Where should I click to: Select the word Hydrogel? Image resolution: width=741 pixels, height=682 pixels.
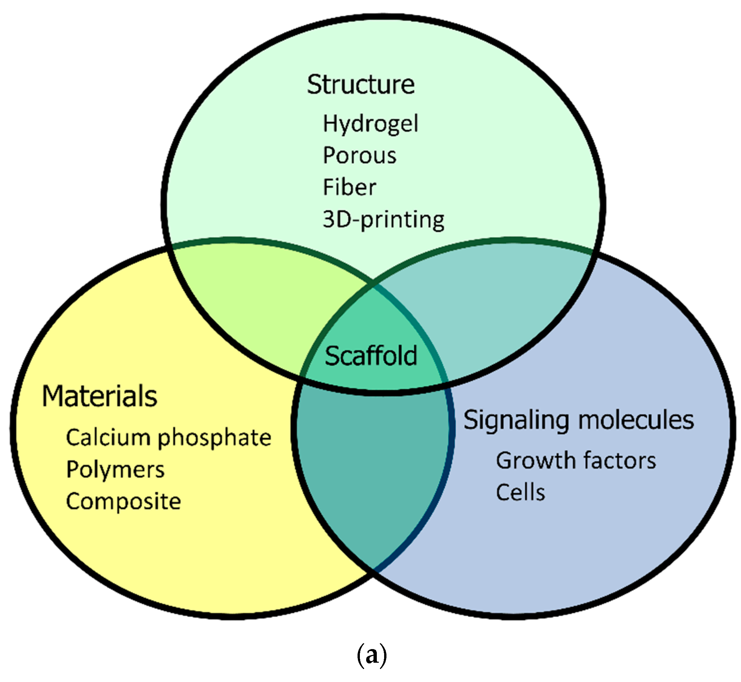[370, 124]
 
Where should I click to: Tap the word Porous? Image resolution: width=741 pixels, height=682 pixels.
[359, 155]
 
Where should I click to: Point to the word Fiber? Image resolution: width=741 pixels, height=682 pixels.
[349, 187]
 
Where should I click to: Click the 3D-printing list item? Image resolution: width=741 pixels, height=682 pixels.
[383, 220]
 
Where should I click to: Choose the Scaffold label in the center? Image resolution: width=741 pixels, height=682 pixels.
[371, 356]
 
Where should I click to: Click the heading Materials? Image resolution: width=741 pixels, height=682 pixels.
[100, 396]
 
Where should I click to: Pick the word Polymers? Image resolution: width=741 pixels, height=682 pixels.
[115, 470]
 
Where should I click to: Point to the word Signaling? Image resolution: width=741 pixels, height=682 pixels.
[516, 421]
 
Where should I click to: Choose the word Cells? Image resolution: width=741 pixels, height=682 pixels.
[520, 492]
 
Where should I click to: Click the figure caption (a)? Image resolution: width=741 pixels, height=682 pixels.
[372, 655]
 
